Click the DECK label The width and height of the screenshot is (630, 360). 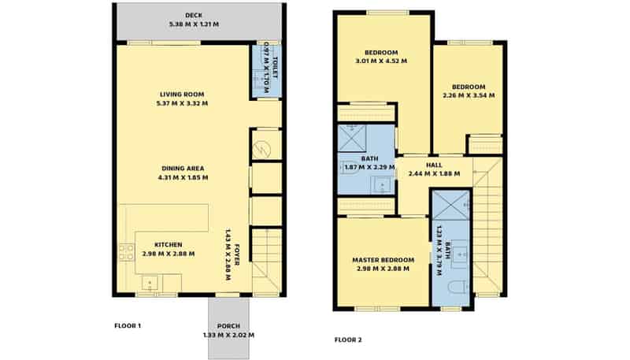coord(194,15)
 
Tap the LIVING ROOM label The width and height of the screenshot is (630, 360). coord(183,95)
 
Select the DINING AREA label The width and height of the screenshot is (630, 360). coord(182,168)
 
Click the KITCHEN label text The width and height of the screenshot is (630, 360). coord(169,244)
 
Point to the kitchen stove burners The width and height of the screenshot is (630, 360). coord(126,252)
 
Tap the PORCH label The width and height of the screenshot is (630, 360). coord(228,326)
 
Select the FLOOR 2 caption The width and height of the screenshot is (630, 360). coord(347,340)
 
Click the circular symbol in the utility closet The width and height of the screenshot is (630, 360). coord(265,146)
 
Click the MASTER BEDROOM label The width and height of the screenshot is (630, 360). coord(383,260)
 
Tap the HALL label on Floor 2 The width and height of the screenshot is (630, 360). coord(433,165)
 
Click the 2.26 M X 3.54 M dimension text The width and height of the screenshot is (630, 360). coord(469,95)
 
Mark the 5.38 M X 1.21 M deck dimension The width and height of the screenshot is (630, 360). coord(194,24)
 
